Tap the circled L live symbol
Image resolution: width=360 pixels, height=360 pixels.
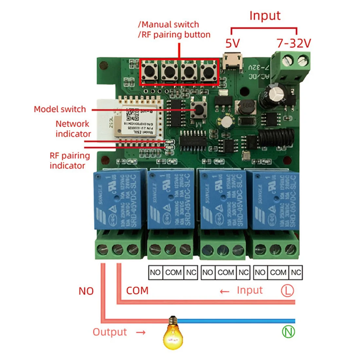coord(287,290)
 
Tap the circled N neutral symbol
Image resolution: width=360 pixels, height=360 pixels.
coord(288,332)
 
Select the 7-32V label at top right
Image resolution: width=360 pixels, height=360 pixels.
coord(294,43)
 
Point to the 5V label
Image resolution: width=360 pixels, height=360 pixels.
coord(233,43)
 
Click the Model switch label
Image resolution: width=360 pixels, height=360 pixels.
coord(60,109)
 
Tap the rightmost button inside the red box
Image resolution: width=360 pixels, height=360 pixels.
coord(208,72)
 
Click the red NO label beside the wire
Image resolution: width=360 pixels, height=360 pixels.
coord(86,291)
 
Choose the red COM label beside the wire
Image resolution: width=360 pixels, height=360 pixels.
coord(137,291)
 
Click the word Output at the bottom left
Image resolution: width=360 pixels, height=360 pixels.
coord(110,332)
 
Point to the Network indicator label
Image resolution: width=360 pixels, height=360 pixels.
coord(73,129)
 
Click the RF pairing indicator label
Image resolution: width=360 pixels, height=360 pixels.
coord(69,160)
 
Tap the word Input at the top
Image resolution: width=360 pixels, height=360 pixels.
coord(265,16)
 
